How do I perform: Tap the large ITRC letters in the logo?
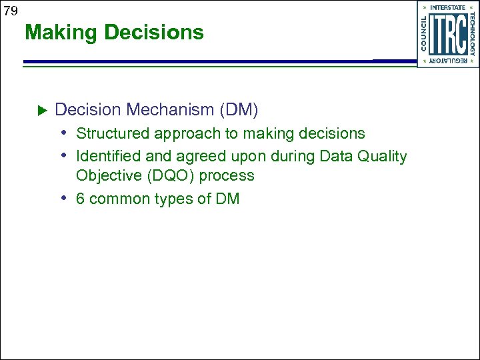click(447, 35)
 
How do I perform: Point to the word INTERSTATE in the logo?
click(447, 8)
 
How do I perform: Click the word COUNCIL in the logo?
click(424, 34)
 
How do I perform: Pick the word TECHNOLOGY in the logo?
click(472, 35)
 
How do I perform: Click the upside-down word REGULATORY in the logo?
click(447, 61)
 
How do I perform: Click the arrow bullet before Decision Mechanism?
click(40, 109)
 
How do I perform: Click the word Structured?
click(113, 133)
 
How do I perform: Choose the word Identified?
click(108, 157)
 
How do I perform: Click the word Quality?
click(381, 157)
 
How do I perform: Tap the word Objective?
click(107, 176)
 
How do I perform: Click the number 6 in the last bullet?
click(81, 199)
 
